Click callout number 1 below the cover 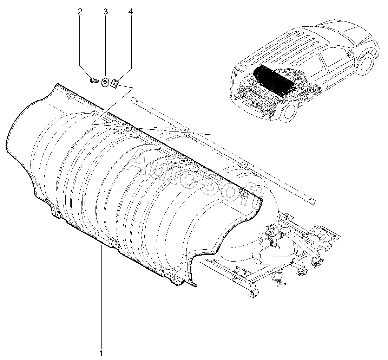(x=101, y=352)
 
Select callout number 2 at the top (x=80, y=12)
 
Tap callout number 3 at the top (x=105, y=12)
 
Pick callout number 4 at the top (x=131, y=12)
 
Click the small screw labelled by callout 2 (x=93, y=81)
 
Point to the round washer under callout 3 (x=105, y=83)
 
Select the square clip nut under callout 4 (x=115, y=83)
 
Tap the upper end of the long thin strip (x=132, y=100)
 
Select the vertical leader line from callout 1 (x=101, y=299)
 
